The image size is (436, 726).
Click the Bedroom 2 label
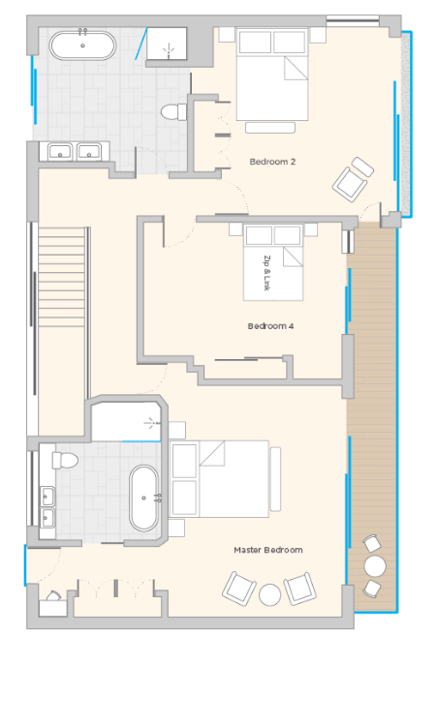pyautogui.click(x=272, y=162)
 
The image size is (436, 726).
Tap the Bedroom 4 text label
pyautogui.click(x=270, y=326)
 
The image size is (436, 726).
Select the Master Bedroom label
pyautogui.click(x=268, y=550)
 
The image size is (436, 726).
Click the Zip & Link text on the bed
pyautogui.click(x=266, y=273)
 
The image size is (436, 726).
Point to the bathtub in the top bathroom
pyautogui.click(x=83, y=45)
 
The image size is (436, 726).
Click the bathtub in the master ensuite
pyautogui.click(x=143, y=498)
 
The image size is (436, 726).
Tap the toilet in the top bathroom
pyautogui.click(x=173, y=111)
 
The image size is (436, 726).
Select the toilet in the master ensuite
pyautogui.click(x=65, y=460)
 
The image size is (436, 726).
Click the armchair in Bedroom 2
pyautogui.click(x=354, y=179)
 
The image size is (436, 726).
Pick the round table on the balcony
pyautogui.click(x=375, y=565)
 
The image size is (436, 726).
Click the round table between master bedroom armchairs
pyautogui.click(x=269, y=595)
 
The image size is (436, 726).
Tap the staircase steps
pyautogui.click(x=62, y=277)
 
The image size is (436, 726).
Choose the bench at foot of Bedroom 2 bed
pyautogui.click(x=270, y=128)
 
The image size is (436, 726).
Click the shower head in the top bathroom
pyautogui.click(x=169, y=48)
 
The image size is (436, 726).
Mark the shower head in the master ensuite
pyautogui.click(x=151, y=423)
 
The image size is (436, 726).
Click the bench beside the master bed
pyautogui.click(x=276, y=479)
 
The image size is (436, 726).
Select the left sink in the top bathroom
pyautogui.click(x=60, y=151)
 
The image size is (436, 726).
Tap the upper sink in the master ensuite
pyautogui.click(x=47, y=497)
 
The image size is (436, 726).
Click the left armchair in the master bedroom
pyautogui.click(x=239, y=589)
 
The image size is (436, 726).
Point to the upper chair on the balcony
pyautogui.click(x=372, y=543)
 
